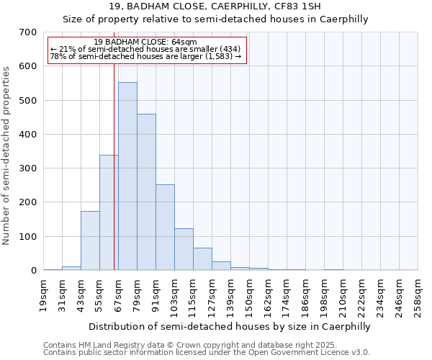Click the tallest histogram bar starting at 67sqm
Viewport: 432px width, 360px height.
(x=127, y=176)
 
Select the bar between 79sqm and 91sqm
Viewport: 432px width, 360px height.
(x=146, y=192)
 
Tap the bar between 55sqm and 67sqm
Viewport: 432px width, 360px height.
(x=109, y=212)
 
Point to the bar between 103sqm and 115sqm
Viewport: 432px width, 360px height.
(x=184, y=249)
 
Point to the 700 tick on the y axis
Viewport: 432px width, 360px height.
(x=29, y=32)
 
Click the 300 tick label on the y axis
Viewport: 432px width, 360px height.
(x=29, y=168)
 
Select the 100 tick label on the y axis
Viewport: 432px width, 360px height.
(x=29, y=236)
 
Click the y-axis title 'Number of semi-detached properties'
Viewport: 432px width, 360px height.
(x=7, y=156)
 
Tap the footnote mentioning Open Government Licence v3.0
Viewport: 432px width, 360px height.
(x=207, y=352)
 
